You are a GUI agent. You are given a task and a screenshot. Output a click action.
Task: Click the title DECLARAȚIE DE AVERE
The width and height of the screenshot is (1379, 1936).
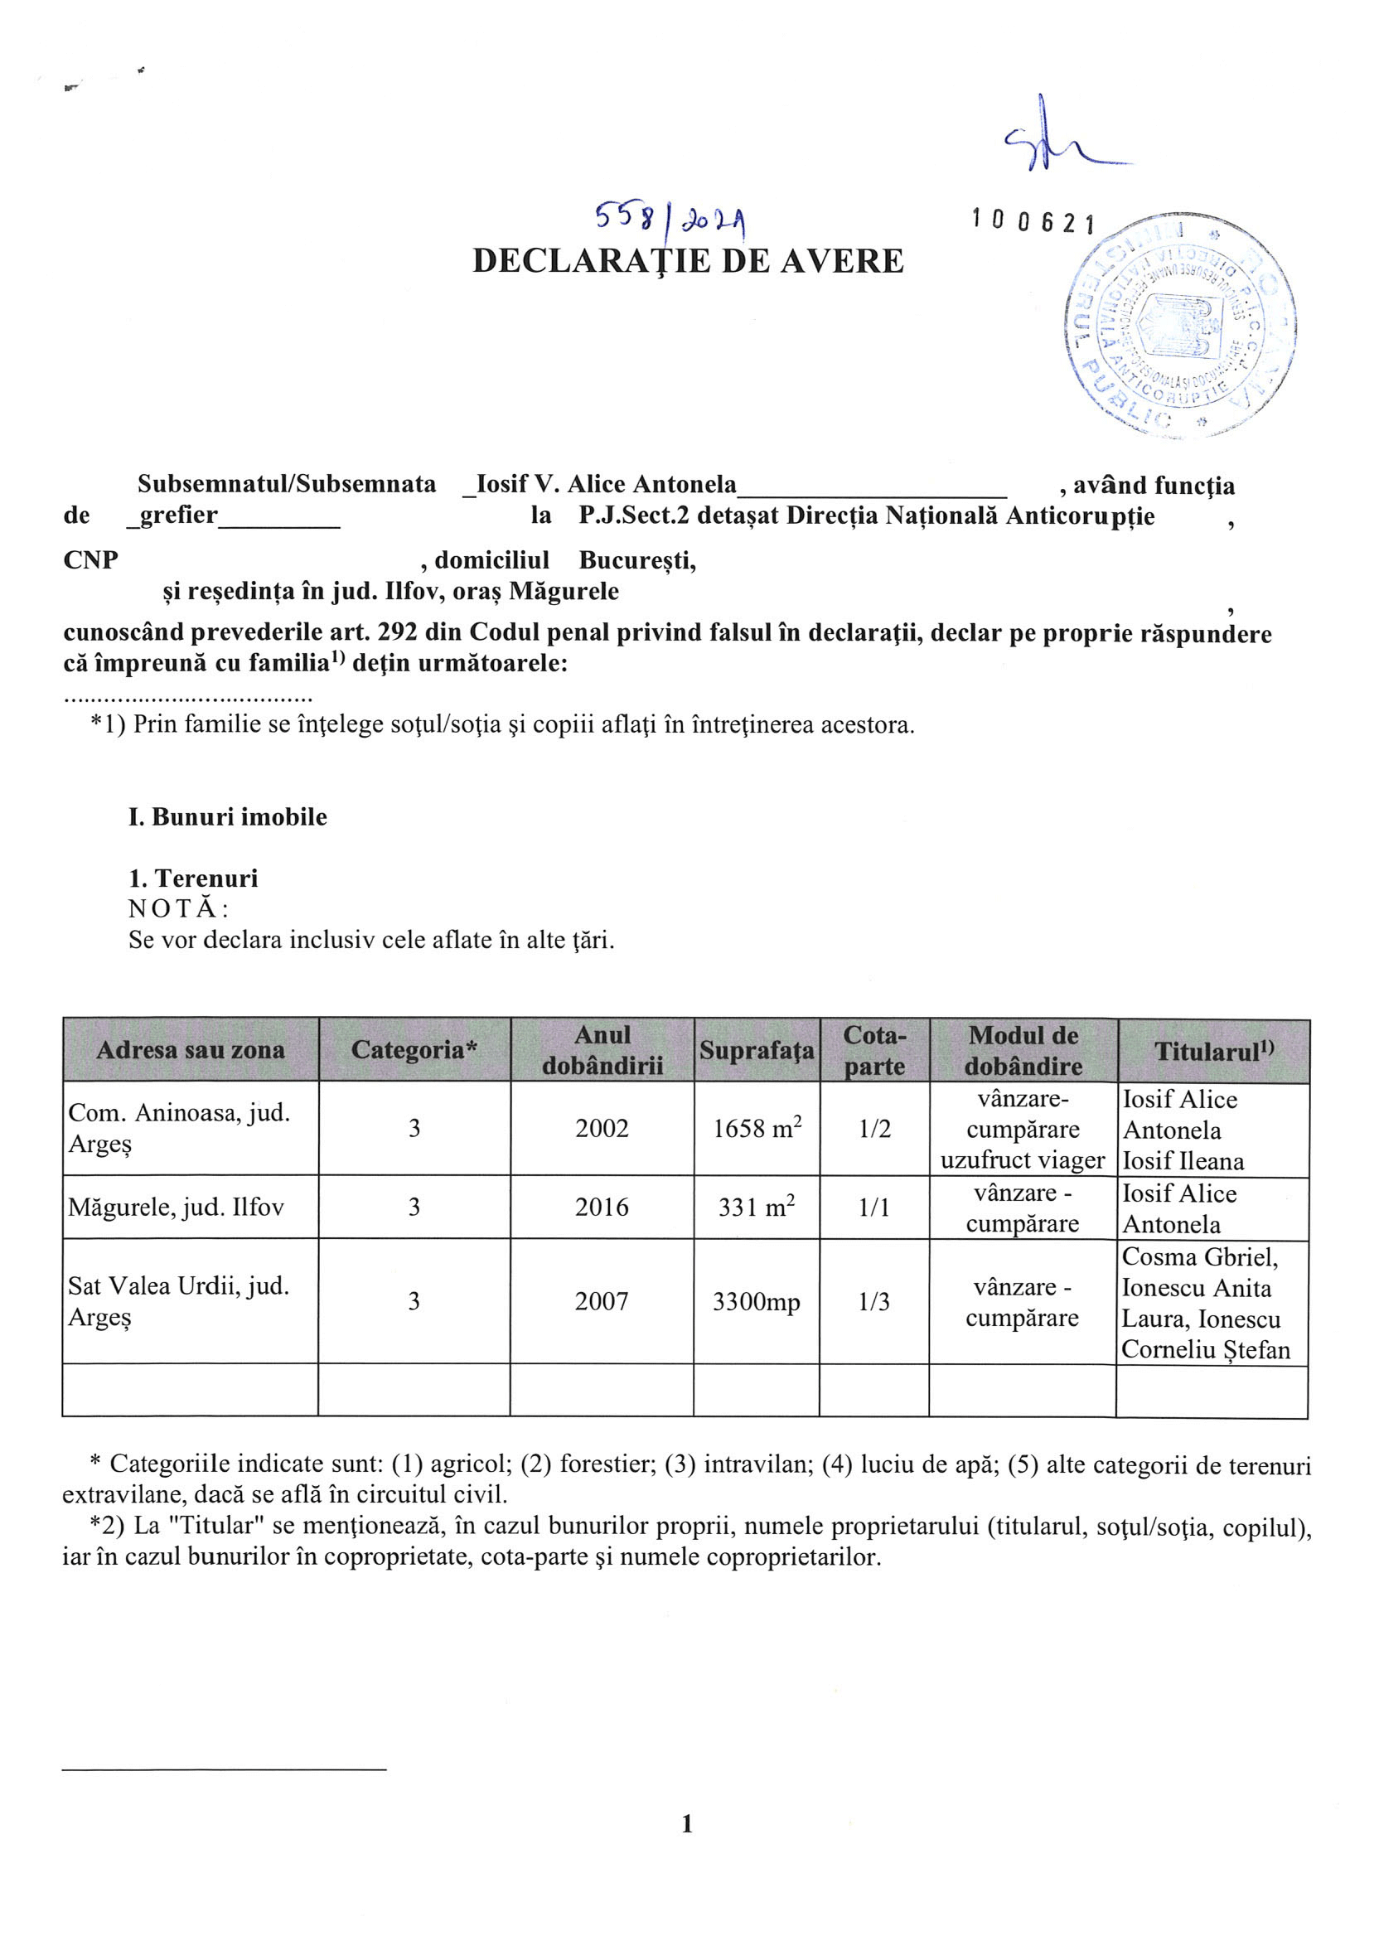688,261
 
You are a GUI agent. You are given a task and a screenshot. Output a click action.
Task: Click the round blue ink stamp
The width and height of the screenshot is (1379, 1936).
1180,326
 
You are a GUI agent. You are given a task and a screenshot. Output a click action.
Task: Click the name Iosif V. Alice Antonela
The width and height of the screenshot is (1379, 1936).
607,484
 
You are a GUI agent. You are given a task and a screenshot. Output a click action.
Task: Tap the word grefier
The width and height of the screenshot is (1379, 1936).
178,515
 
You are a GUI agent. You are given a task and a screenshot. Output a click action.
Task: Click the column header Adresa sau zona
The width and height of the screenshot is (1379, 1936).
191,1050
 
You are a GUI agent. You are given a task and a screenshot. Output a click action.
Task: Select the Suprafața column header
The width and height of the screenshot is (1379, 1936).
757,1050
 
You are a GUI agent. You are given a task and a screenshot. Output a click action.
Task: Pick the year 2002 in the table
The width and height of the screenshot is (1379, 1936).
602,1129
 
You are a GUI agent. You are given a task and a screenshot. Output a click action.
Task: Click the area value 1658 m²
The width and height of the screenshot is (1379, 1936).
757,1129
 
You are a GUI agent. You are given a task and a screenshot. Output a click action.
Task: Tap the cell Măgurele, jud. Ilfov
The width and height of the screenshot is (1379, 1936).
176,1207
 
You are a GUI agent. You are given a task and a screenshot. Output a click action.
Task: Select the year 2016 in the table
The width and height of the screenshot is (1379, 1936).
602,1207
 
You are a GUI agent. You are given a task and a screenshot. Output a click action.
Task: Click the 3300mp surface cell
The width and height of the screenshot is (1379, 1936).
757,1302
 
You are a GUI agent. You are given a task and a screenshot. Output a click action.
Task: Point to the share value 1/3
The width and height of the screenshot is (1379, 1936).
873,1302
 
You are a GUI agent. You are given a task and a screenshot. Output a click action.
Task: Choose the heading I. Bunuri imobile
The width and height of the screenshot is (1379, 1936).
228,817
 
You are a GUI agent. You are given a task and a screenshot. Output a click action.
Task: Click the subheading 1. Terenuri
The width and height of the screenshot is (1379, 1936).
194,878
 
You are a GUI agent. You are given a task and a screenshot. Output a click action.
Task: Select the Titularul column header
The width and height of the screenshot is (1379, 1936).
1213,1052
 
